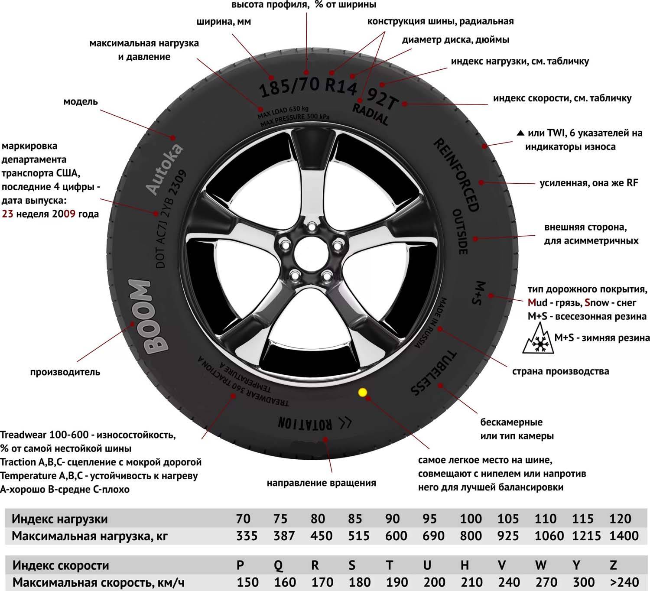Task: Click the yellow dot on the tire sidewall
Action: click(363, 393)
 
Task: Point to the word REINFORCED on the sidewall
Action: click(457, 175)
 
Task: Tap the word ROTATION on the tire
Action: click(305, 423)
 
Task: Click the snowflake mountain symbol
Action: click(538, 339)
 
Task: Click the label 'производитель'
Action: click(65, 372)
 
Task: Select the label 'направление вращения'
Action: click(321, 483)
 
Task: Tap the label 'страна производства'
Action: click(561, 371)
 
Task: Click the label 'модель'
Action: click(80, 102)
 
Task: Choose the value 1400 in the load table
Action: click(624, 536)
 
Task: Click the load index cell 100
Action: click(471, 519)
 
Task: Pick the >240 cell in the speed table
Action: click(624, 582)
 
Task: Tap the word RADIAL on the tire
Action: click(370, 114)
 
